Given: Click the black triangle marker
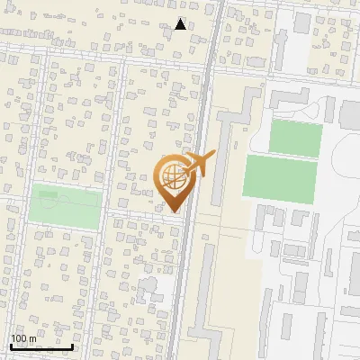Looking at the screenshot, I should coord(181,24).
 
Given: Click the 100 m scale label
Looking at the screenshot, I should coord(23,338).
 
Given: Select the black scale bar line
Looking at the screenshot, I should coord(40,346).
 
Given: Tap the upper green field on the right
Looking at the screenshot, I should coord(296,138).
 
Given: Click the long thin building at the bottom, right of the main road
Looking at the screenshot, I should coord(205,297).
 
